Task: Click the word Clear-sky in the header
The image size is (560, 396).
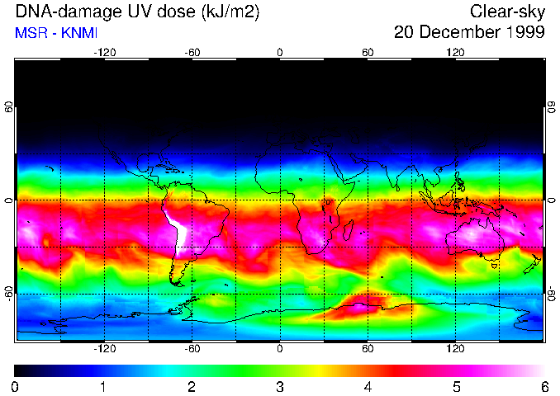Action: (x=507, y=12)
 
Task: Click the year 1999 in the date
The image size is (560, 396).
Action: (x=524, y=33)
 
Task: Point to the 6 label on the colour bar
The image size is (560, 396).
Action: (x=544, y=386)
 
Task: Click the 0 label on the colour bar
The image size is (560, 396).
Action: (x=16, y=386)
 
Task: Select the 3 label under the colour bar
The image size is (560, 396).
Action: (x=280, y=386)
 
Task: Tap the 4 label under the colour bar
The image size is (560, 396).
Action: (x=368, y=386)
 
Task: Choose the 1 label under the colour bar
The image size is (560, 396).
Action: (x=103, y=386)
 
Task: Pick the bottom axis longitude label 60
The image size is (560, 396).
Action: (x=368, y=349)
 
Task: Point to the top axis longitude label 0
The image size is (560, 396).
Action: (x=280, y=53)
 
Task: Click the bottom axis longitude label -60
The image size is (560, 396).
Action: (x=192, y=349)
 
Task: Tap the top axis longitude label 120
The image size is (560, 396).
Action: (x=456, y=53)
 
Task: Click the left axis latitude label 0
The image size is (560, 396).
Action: (x=9, y=200)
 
